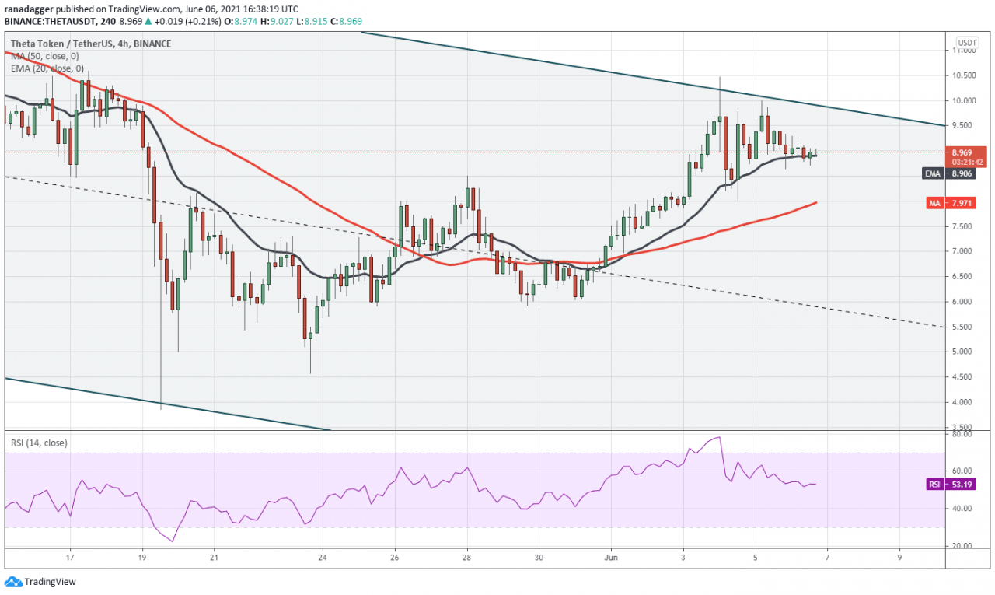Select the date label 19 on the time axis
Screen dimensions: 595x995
click(x=142, y=558)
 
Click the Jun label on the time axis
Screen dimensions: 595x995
click(x=611, y=558)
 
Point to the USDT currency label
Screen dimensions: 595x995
click(x=967, y=42)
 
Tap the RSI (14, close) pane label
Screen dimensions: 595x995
click(x=39, y=443)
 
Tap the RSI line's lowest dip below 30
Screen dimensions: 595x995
click(x=172, y=541)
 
